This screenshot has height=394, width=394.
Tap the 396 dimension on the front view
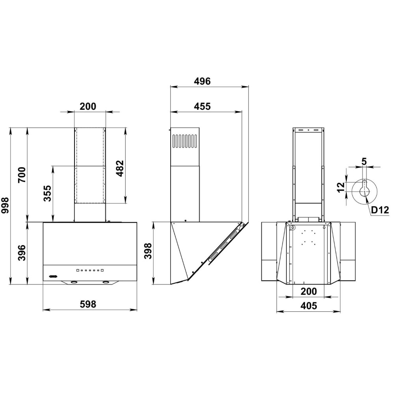click(x=22, y=253)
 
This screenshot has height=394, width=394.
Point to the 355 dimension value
click(x=47, y=193)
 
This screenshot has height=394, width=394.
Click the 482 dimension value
click(x=120, y=168)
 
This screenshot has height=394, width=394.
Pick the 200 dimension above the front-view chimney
click(x=88, y=106)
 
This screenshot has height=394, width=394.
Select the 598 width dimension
click(x=88, y=304)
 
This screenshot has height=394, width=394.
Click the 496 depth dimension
click(x=202, y=81)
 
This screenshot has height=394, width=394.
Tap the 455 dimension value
click(x=202, y=106)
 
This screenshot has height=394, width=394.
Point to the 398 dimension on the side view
click(x=148, y=251)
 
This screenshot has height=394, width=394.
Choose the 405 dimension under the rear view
click(x=309, y=306)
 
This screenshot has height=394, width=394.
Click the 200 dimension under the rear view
click(x=309, y=292)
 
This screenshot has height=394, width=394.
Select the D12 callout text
click(x=380, y=210)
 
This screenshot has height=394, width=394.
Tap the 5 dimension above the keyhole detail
click(x=364, y=162)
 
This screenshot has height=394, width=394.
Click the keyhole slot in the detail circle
click(x=364, y=188)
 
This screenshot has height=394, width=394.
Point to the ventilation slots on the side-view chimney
click(x=185, y=141)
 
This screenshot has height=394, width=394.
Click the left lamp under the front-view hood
click(x=74, y=282)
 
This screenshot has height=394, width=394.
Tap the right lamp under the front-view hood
click(x=106, y=282)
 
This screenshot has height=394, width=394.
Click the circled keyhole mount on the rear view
click(x=292, y=227)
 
